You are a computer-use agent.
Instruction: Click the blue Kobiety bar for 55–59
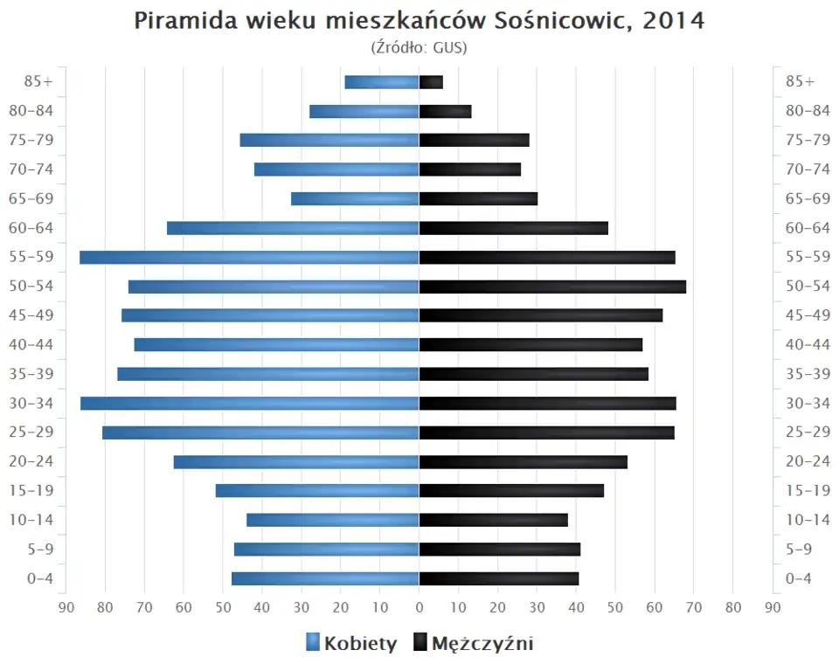249,257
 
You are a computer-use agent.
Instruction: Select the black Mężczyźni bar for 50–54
552,287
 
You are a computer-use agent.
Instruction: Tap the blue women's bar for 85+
382,82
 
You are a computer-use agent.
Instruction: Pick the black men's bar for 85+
431,82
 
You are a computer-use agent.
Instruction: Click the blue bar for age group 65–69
355,198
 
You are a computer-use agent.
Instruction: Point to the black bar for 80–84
445,111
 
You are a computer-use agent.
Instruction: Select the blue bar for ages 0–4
325,578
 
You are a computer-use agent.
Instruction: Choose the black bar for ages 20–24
523,461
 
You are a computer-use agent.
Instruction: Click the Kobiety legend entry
351,644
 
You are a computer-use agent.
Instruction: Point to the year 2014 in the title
673,21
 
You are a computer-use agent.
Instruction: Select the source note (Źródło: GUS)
419,47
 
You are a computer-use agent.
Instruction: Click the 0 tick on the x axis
419,608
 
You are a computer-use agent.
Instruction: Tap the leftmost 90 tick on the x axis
66,608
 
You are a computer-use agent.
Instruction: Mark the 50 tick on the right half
615,608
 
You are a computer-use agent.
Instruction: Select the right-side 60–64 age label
808,228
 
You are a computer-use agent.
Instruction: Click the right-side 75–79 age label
808,140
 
